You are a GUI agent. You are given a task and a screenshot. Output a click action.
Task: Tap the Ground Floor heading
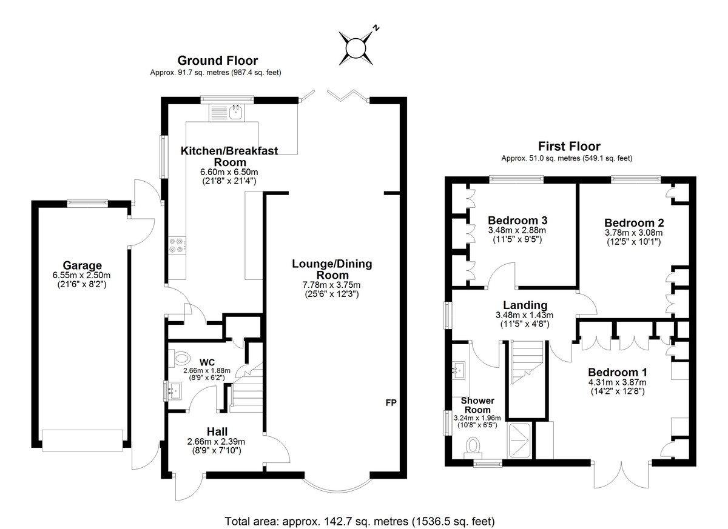click(x=217, y=61)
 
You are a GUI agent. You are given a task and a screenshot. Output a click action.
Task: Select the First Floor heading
click(x=569, y=147)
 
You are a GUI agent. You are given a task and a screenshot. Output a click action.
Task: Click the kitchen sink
click(x=227, y=113)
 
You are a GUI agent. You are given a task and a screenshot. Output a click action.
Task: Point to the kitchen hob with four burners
click(x=177, y=245)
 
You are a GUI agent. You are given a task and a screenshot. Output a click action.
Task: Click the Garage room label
click(x=82, y=265)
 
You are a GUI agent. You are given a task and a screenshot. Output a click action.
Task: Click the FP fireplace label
click(x=391, y=403)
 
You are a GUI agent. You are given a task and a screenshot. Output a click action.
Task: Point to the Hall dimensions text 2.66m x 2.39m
click(x=216, y=442)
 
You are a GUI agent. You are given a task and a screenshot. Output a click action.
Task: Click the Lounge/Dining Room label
click(x=332, y=270)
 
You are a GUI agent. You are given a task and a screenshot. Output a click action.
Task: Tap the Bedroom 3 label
click(x=517, y=221)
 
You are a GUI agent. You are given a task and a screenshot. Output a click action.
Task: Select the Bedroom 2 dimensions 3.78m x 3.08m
click(x=633, y=233)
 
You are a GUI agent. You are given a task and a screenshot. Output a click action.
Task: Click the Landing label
click(x=525, y=305)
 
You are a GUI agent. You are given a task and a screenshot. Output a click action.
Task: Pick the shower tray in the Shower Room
click(x=519, y=441)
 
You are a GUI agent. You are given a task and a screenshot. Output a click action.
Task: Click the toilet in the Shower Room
click(x=473, y=448)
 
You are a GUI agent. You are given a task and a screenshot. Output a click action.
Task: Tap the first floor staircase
click(x=527, y=362)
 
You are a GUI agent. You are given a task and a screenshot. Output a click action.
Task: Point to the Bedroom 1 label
click(x=617, y=372)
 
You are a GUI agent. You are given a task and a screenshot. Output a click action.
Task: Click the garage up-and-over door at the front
click(x=83, y=441)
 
